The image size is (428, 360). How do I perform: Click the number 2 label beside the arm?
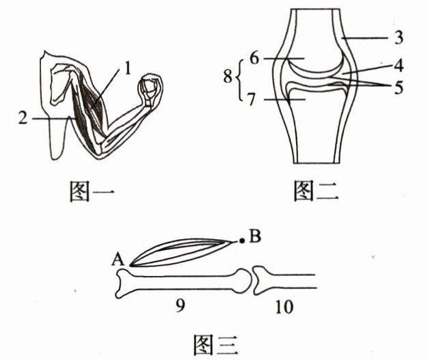[x=25, y=118]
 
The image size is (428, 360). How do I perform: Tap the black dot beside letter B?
[x=240, y=240]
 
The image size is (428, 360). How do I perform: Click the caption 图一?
[x=92, y=193]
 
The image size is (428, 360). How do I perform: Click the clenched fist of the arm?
[x=151, y=88]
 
